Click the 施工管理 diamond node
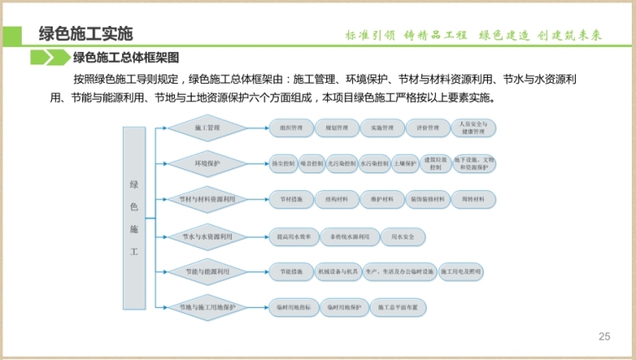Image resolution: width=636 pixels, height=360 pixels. point(208,129)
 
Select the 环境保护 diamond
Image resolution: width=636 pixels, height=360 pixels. point(208,164)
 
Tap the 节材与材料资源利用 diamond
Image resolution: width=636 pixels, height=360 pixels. point(208,200)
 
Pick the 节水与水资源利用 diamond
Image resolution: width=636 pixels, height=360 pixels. point(208,237)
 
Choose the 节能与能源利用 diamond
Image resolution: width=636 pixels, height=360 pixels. point(208,272)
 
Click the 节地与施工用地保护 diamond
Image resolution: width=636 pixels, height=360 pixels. point(208,308)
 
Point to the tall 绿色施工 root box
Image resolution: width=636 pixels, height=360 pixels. point(134,219)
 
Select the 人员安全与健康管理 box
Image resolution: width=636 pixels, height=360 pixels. point(474,129)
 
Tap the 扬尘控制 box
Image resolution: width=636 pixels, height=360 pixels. point(284,164)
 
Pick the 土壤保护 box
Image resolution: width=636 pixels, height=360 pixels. point(405,164)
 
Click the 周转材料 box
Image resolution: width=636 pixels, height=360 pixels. point(474,200)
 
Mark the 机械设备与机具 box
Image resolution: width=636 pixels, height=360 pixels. point(337,272)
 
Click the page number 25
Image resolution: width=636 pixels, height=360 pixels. point(605,337)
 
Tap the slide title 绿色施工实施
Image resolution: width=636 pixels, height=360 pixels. point(85,34)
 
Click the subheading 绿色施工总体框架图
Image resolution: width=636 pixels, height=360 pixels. point(126,58)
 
